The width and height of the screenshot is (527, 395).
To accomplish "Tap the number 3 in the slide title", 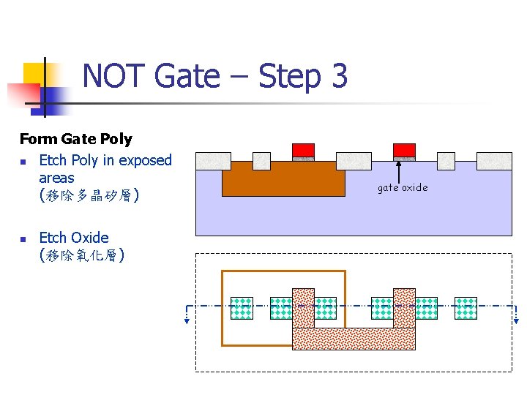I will coord(337,76).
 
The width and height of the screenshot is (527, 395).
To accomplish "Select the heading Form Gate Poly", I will coord(75,139).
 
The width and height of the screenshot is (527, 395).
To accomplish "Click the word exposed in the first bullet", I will coord(145,160).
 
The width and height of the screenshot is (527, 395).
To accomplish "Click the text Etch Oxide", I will coord(73,238).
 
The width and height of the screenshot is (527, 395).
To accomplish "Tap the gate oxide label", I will coord(403,188).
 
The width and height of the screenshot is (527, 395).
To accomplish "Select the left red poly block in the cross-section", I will coord(303,150).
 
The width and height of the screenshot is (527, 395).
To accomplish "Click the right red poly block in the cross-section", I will coord(404,150).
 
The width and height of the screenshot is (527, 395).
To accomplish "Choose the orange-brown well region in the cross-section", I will coord(283,180).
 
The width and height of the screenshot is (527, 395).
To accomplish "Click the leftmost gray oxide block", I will coord(214,161).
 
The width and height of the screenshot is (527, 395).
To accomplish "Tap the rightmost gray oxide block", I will coord(494,161).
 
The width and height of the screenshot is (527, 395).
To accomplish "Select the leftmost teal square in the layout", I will coord(242,308).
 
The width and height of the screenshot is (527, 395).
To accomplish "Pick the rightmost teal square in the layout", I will coord(466,308).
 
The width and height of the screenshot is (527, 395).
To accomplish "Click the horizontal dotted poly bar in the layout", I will coord(354,338).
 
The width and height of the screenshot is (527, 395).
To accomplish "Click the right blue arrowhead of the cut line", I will coord(517,320).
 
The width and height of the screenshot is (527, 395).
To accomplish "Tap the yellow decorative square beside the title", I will coord(34,73).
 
